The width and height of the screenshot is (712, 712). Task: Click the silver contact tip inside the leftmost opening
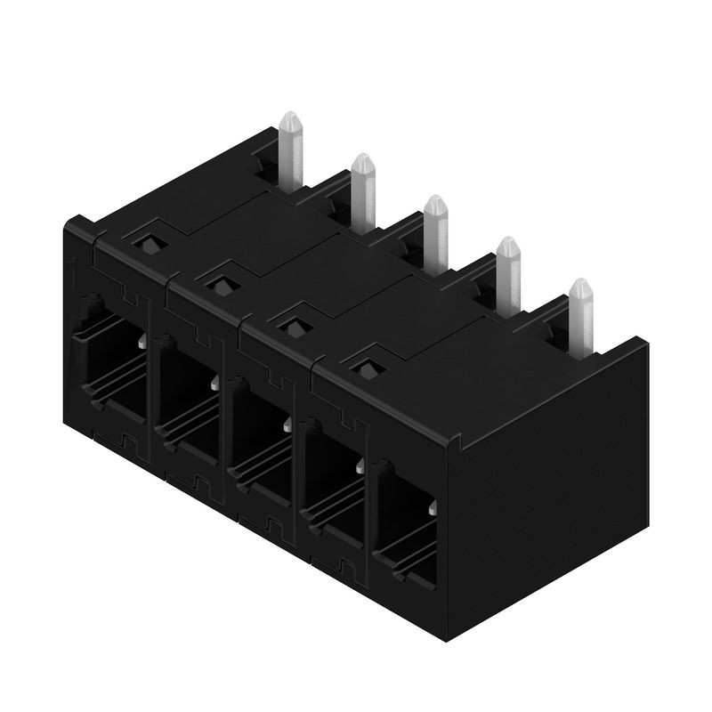click(142, 342)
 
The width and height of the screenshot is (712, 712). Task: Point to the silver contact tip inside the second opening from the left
click(215, 383)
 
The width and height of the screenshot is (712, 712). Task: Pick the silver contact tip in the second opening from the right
click(360, 465)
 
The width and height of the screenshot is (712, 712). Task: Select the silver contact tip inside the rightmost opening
click(432, 507)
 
